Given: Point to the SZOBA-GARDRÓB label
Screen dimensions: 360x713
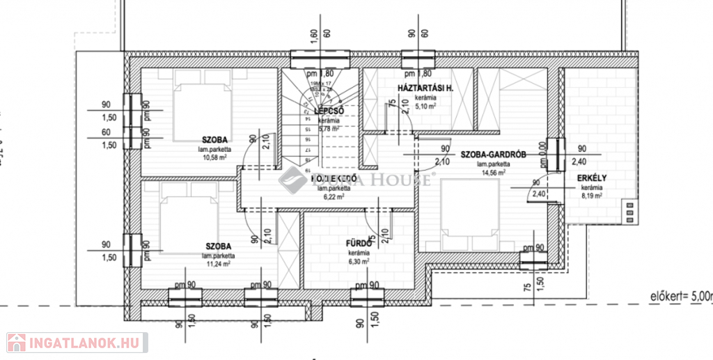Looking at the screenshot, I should tap(493, 155).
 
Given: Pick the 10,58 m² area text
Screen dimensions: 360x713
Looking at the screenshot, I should tap(217, 157).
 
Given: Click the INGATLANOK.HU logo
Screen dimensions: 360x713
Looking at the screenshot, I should tap(75, 342).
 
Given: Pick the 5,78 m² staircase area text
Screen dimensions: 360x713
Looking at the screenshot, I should tap(328, 129).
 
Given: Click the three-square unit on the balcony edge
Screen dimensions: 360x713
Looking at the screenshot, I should tap(631, 211).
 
